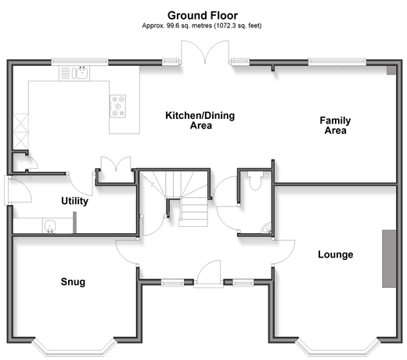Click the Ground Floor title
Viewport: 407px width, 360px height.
tap(203, 16)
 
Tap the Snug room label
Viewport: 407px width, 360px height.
tap(73, 282)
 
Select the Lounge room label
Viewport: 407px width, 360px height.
tap(336, 254)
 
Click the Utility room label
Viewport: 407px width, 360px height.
tap(74, 201)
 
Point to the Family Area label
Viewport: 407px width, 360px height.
tap(335, 125)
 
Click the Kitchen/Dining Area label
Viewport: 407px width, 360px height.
tap(200, 121)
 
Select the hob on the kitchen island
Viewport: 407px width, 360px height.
tap(117, 106)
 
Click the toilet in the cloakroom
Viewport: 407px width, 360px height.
tap(255, 180)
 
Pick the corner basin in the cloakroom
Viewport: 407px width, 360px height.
tap(267, 229)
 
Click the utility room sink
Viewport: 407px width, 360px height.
tap(49, 225)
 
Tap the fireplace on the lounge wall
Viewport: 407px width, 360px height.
tap(389, 259)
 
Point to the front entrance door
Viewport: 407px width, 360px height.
tap(209, 274)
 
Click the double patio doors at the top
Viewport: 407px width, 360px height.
tap(205, 52)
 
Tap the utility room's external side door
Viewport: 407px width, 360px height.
tap(18, 189)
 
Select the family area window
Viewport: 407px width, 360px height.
tap(337, 62)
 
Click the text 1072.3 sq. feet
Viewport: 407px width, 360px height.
tap(238, 26)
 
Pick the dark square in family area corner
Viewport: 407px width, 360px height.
tap(391, 70)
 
